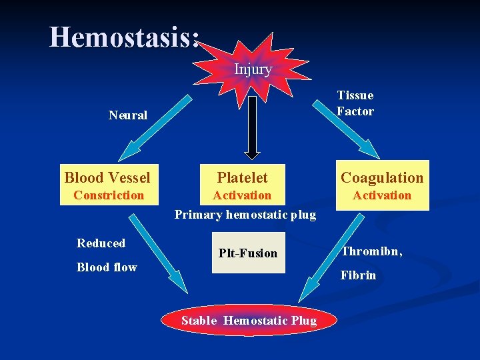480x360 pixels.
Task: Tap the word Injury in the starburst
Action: point(253,69)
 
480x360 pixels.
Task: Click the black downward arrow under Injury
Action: point(252,127)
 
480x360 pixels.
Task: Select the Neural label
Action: point(127,115)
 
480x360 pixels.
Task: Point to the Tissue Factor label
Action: point(355,103)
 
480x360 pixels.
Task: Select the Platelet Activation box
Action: point(242,184)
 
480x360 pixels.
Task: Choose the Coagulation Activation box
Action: point(382,185)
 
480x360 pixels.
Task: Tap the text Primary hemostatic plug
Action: point(245,215)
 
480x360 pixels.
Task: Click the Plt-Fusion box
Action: point(248,253)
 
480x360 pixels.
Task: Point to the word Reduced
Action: point(101,243)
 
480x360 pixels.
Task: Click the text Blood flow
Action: point(107,267)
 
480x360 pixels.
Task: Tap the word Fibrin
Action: point(358,275)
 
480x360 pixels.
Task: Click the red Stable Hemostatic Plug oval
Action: point(249,321)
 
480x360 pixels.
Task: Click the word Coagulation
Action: point(382,177)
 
